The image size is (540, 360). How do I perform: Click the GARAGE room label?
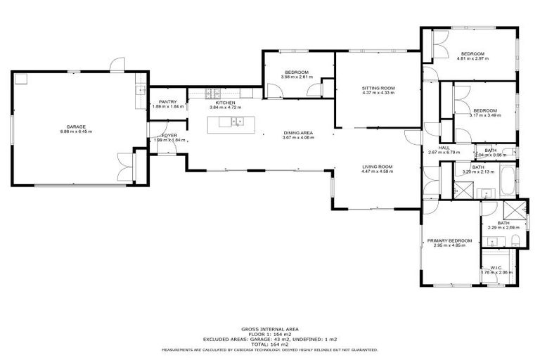click(x=76, y=127)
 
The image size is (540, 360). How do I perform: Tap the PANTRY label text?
click(x=167, y=102)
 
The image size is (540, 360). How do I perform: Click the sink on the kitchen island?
click(x=238, y=122)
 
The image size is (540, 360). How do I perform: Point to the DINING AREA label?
click(x=297, y=133)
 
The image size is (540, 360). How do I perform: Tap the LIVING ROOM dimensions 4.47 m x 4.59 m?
click(x=376, y=172)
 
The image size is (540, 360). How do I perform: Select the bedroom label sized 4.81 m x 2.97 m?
click(x=472, y=58)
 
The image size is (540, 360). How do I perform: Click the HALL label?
click(x=444, y=148)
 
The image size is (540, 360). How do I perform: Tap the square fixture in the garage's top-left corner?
click(x=20, y=79)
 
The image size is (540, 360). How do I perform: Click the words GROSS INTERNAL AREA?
click(x=269, y=329)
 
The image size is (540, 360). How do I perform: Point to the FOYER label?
click(x=169, y=135)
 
